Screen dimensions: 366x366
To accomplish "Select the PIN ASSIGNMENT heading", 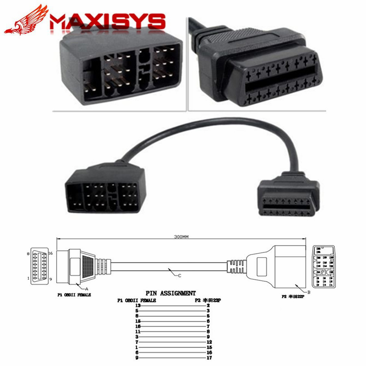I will [x=170, y=293].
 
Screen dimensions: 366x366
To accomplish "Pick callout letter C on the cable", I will [x=179, y=276].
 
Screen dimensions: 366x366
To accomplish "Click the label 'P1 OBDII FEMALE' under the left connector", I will [x=73, y=294].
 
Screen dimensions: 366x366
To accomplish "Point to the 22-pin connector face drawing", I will [x=325, y=268].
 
